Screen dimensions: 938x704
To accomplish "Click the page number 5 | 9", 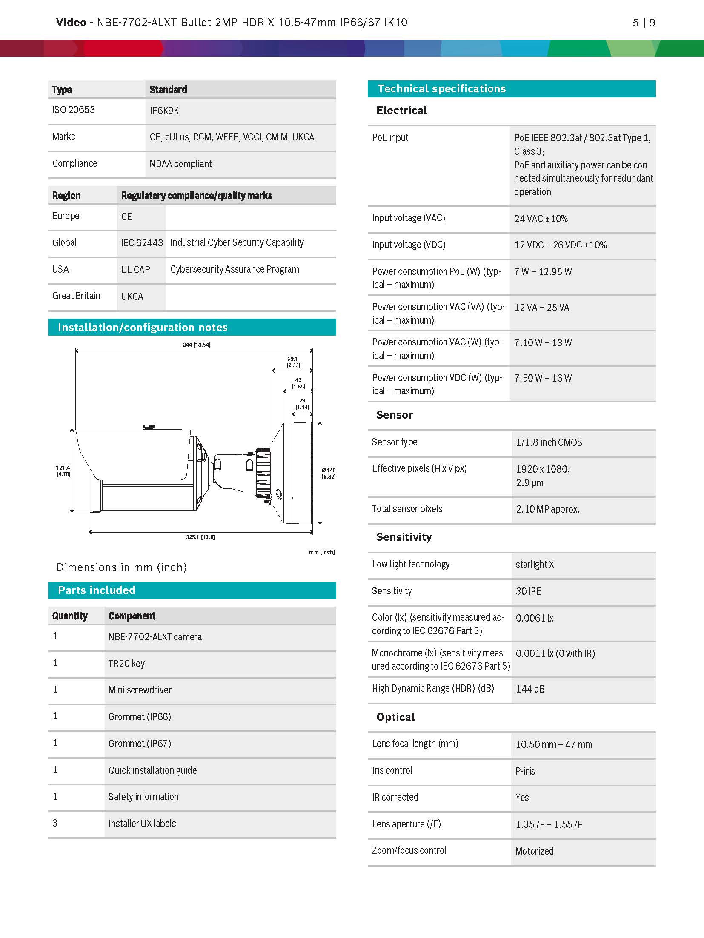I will (x=644, y=23).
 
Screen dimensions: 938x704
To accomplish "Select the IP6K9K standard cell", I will (x=164, y=111).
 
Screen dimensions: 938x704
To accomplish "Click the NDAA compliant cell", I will (x=180, y=164).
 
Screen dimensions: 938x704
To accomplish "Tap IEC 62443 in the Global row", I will (x=142, y=243).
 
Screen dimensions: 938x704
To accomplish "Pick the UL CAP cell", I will (x=135, y=270).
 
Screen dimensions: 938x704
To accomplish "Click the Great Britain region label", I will (x=76, y=296).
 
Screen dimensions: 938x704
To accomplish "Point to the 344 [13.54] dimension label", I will (x=197, y=345).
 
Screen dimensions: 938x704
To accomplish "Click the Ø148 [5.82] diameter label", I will (x=329, y=473).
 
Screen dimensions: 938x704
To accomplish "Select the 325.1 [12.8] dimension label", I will (x=200, y=537).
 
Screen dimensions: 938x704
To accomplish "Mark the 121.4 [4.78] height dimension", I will (x=63, y=470).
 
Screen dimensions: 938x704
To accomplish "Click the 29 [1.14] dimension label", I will (x=302, y=404).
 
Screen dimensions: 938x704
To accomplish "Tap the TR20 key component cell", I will (x=126, y=664).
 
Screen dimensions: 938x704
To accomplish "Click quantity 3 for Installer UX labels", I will (x=55, y=823).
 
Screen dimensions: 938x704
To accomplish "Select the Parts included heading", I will (x=97, y=590).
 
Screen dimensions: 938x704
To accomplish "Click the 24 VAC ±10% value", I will (x=541, y=219).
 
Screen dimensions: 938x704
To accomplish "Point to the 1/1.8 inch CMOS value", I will (x=549, y=442).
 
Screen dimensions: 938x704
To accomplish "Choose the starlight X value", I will (x=535, y=565).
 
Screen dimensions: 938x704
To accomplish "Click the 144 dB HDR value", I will (x=530, y=689).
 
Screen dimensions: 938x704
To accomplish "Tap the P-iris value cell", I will (x=525, y=771).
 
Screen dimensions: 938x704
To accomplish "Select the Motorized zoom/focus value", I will (x=534, y=851).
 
